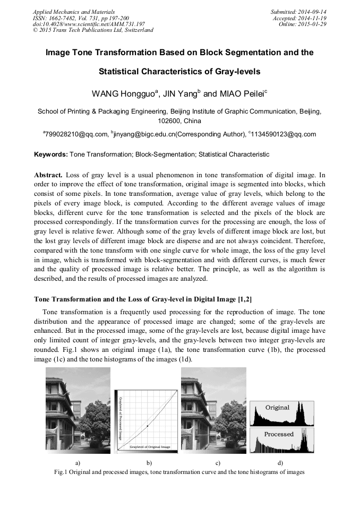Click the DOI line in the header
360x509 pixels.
click(x=89, y=24)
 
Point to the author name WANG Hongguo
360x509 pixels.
click(x=124, y=94)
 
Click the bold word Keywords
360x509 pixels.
click(x=50, y=154)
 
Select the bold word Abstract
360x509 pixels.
click(x=48, y=175)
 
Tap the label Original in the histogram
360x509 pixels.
click(x=277, y=408)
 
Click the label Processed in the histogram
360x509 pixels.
click(x=279, y=434)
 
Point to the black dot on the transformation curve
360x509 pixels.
click(x=147, y=426)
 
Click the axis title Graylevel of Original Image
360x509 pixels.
click(x=150, y=447)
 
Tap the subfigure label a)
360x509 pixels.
click(x=78, y=463)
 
